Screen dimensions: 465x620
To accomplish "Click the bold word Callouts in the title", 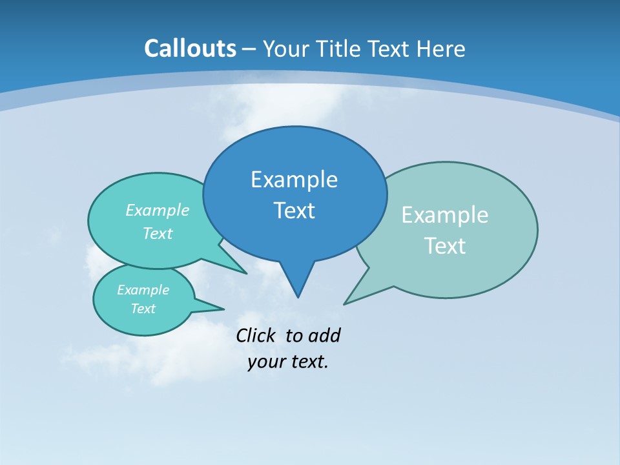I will tap(190, 49).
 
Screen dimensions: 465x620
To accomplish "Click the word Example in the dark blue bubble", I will tap(294, 180).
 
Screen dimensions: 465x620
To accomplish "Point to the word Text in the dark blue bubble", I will tap(294, 211).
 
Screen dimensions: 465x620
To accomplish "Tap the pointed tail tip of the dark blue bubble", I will tap(298, 296).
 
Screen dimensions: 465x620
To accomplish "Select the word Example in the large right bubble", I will tap(445, 215).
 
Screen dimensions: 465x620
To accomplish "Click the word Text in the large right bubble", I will tap(445, 246).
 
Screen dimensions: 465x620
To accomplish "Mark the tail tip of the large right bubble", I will tap(345, 303).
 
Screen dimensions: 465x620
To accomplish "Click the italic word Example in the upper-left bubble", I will tap(157, 211).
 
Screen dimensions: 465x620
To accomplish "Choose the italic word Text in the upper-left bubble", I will tap(157, 234).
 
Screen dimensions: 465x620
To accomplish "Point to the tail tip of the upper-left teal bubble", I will tap(246, 273).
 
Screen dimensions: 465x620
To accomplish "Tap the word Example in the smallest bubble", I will tap(143, 290).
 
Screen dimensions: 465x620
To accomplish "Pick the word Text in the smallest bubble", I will tap(143, 309).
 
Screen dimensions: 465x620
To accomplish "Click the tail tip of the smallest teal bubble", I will tap(223, 309).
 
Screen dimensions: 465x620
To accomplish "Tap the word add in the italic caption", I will tap(324, 335).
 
